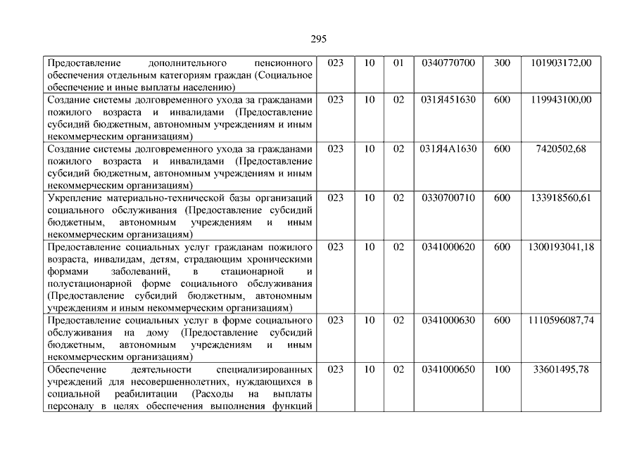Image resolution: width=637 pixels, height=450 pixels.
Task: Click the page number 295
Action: (x=318, y=39)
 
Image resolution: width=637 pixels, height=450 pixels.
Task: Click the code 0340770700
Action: (x=448, y=63)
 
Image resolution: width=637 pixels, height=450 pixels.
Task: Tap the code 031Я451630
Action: (x=448, y=100)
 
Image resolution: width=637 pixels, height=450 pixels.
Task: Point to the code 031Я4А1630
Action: (x=448, y=149)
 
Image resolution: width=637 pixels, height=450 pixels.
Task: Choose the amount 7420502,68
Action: (x=560, y=149)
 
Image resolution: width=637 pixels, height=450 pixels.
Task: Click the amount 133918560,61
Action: (x=561, y=198)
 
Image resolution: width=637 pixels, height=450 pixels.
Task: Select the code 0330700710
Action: (x=448, y=198)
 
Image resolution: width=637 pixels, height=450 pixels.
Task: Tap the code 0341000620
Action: (x=448, y=247)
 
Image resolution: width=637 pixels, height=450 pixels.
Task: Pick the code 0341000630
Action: (x=448, y=321)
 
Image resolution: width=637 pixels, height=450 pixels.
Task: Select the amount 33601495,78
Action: (x=561, y=369)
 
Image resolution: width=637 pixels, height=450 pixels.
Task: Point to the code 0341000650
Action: (x=448, y=369)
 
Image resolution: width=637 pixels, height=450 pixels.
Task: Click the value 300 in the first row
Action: (x=502, y=63)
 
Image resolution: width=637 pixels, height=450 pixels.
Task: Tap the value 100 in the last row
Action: (x=502, y=369)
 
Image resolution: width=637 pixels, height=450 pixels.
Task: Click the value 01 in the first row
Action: (x=398, y=63)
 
